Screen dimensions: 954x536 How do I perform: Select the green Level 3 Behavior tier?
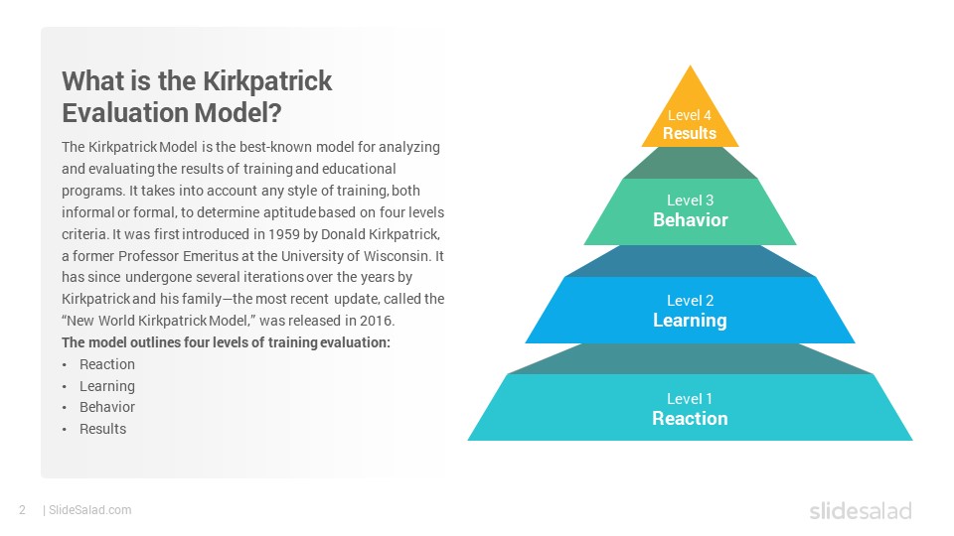coord(690,211)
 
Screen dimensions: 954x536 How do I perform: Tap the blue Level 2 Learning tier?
coord(690,310)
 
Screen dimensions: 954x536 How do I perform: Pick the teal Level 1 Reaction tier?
coord(690,407)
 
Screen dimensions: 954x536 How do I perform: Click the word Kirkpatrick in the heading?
coord(267,80)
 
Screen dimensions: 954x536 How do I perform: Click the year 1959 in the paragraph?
coord(283,234)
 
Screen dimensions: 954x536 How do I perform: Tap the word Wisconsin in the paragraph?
coord(397,256)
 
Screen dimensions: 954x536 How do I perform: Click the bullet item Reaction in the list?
coord(107,364)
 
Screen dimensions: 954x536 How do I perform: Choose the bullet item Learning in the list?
coord(107,386)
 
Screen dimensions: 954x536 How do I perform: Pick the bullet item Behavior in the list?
coord(107,407)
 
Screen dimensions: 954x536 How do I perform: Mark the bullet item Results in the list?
coord(102,429)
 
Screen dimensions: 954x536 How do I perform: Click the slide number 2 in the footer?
coord(23,510)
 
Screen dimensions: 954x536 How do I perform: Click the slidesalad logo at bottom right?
coord(861,511)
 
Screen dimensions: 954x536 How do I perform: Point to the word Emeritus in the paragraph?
coord(209,256)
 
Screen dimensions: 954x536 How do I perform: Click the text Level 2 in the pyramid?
coord(690,301)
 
